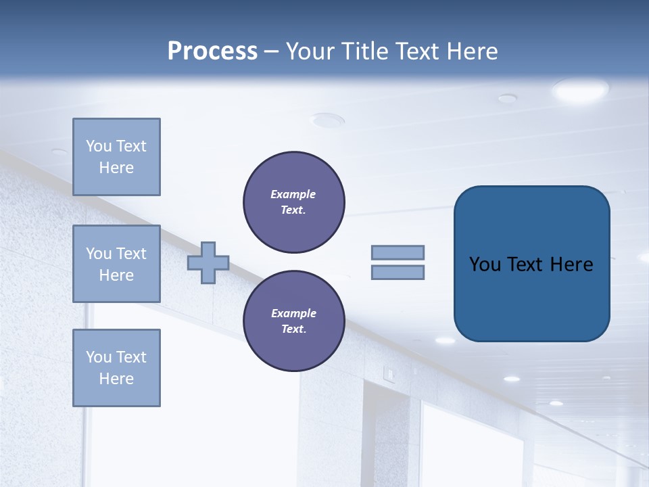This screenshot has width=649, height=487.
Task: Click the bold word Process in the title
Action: [212, 51]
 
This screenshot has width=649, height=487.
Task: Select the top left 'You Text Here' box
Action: [116, 157]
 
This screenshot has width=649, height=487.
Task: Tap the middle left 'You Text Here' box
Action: [116, 264]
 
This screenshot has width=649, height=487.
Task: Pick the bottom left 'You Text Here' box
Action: [116, 368]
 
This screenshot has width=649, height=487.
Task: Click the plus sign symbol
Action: [208, 262]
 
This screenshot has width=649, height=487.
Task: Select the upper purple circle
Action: [294, 202]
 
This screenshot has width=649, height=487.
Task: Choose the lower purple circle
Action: [294, 321]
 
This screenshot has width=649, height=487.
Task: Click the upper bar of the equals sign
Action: [398, 252]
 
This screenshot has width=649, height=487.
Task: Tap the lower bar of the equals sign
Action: [398, 273]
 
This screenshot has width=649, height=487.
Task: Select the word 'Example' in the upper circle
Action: [293, 194]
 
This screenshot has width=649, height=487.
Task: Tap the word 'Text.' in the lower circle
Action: [293, 329]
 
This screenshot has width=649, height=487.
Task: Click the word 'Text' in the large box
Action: [526, 264]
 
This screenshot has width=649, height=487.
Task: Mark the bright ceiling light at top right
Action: [580, 90]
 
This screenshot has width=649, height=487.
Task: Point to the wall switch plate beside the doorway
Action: [389, 372]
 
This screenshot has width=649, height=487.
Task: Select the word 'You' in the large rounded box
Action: [485, 264]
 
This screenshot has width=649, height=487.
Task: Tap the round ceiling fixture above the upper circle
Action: [327, 120]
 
